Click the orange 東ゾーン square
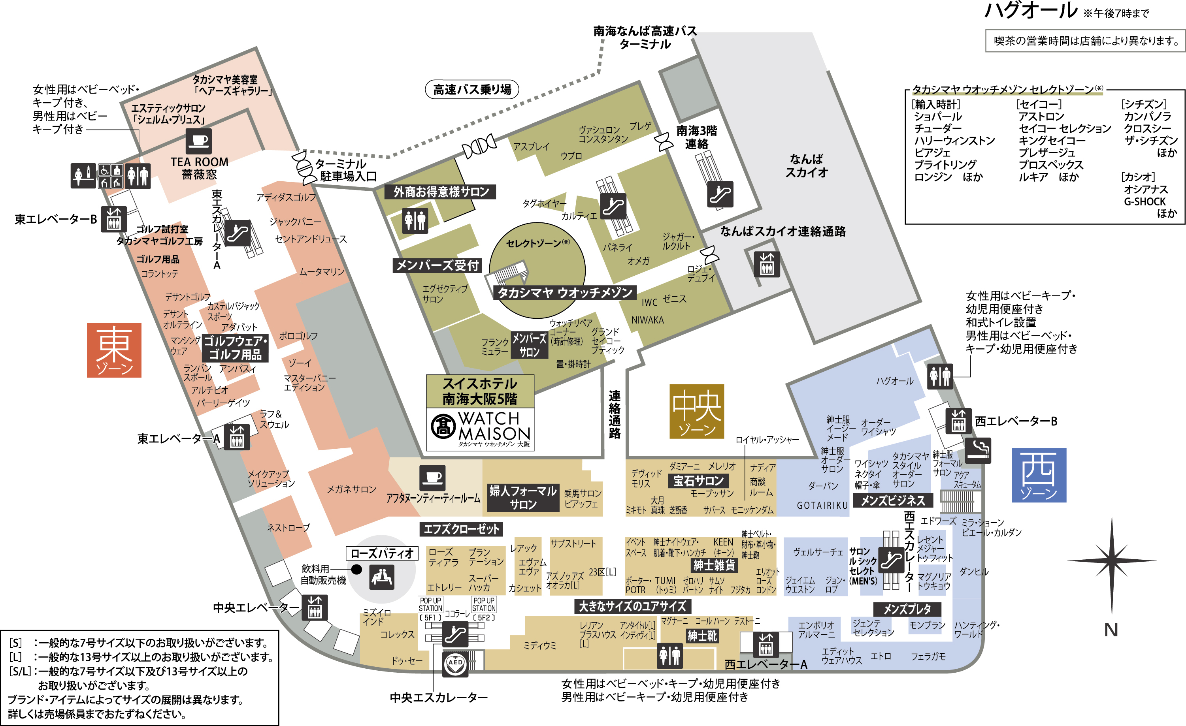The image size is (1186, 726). click(114, 350)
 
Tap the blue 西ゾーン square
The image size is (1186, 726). click(1039, 475)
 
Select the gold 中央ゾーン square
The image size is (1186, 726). click(696, 411)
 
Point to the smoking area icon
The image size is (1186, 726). click(978, 451)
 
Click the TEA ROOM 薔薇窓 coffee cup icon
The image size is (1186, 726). click(199, 141)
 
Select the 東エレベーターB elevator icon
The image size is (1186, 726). click(113, 219)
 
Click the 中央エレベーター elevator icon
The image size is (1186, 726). click(315, 608)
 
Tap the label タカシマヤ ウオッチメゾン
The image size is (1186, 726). click(565, 293)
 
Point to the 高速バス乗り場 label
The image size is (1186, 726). click(472, 90)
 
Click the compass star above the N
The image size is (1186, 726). click(1111, 561)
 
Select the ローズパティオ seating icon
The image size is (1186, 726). click(382, 577)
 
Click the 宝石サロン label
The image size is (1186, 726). click(698, 481)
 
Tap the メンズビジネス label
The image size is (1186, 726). click(893, 501)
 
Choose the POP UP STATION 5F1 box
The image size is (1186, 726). click(430, 609)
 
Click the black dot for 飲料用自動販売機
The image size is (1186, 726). click(356, 570)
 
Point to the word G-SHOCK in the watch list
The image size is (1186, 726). click(1145, 201)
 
